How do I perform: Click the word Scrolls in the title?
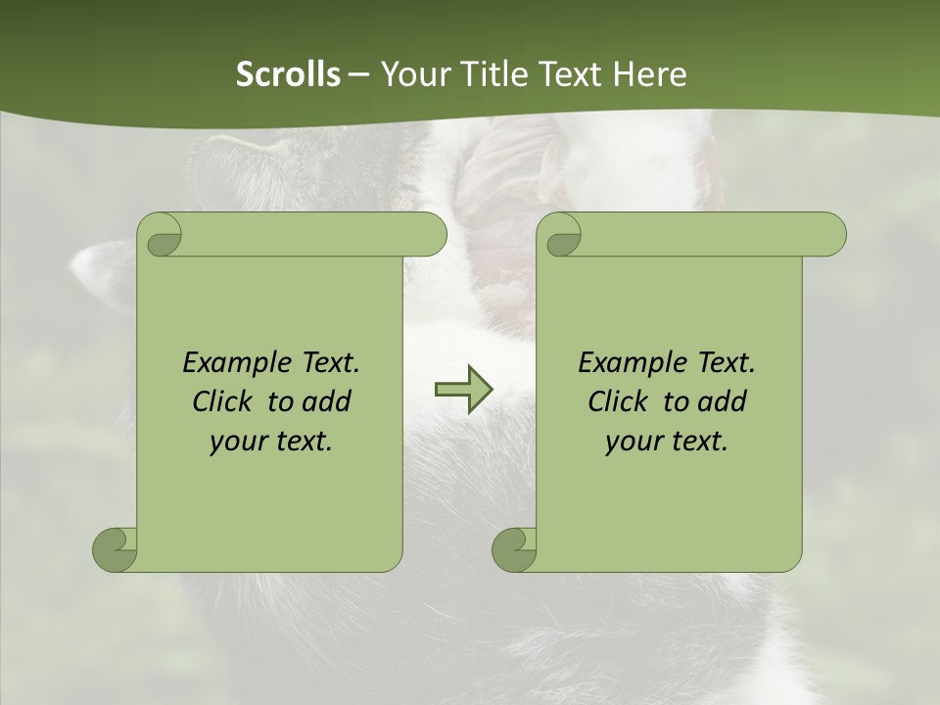pyautogui.click(x=289, y=74)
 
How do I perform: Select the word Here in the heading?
pyautogui.click(x=649, y=74)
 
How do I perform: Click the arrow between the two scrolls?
pyautogui.click(x=463, y=389)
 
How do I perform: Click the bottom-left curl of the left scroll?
pyautogui.click(x=116, y=548)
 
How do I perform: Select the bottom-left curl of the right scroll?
pyautogui.click(x=515, y=548)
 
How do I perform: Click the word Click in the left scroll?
pyautogui.click(x=221, y=401)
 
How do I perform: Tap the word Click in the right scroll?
pyautogui.click(x=617, y=401)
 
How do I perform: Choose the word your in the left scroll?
pyautogui.click(x=236, y=442)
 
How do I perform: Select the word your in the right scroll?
pyautogui.click(x=632, y=442)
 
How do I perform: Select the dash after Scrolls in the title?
pyautogui.click(x=359, y=75)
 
